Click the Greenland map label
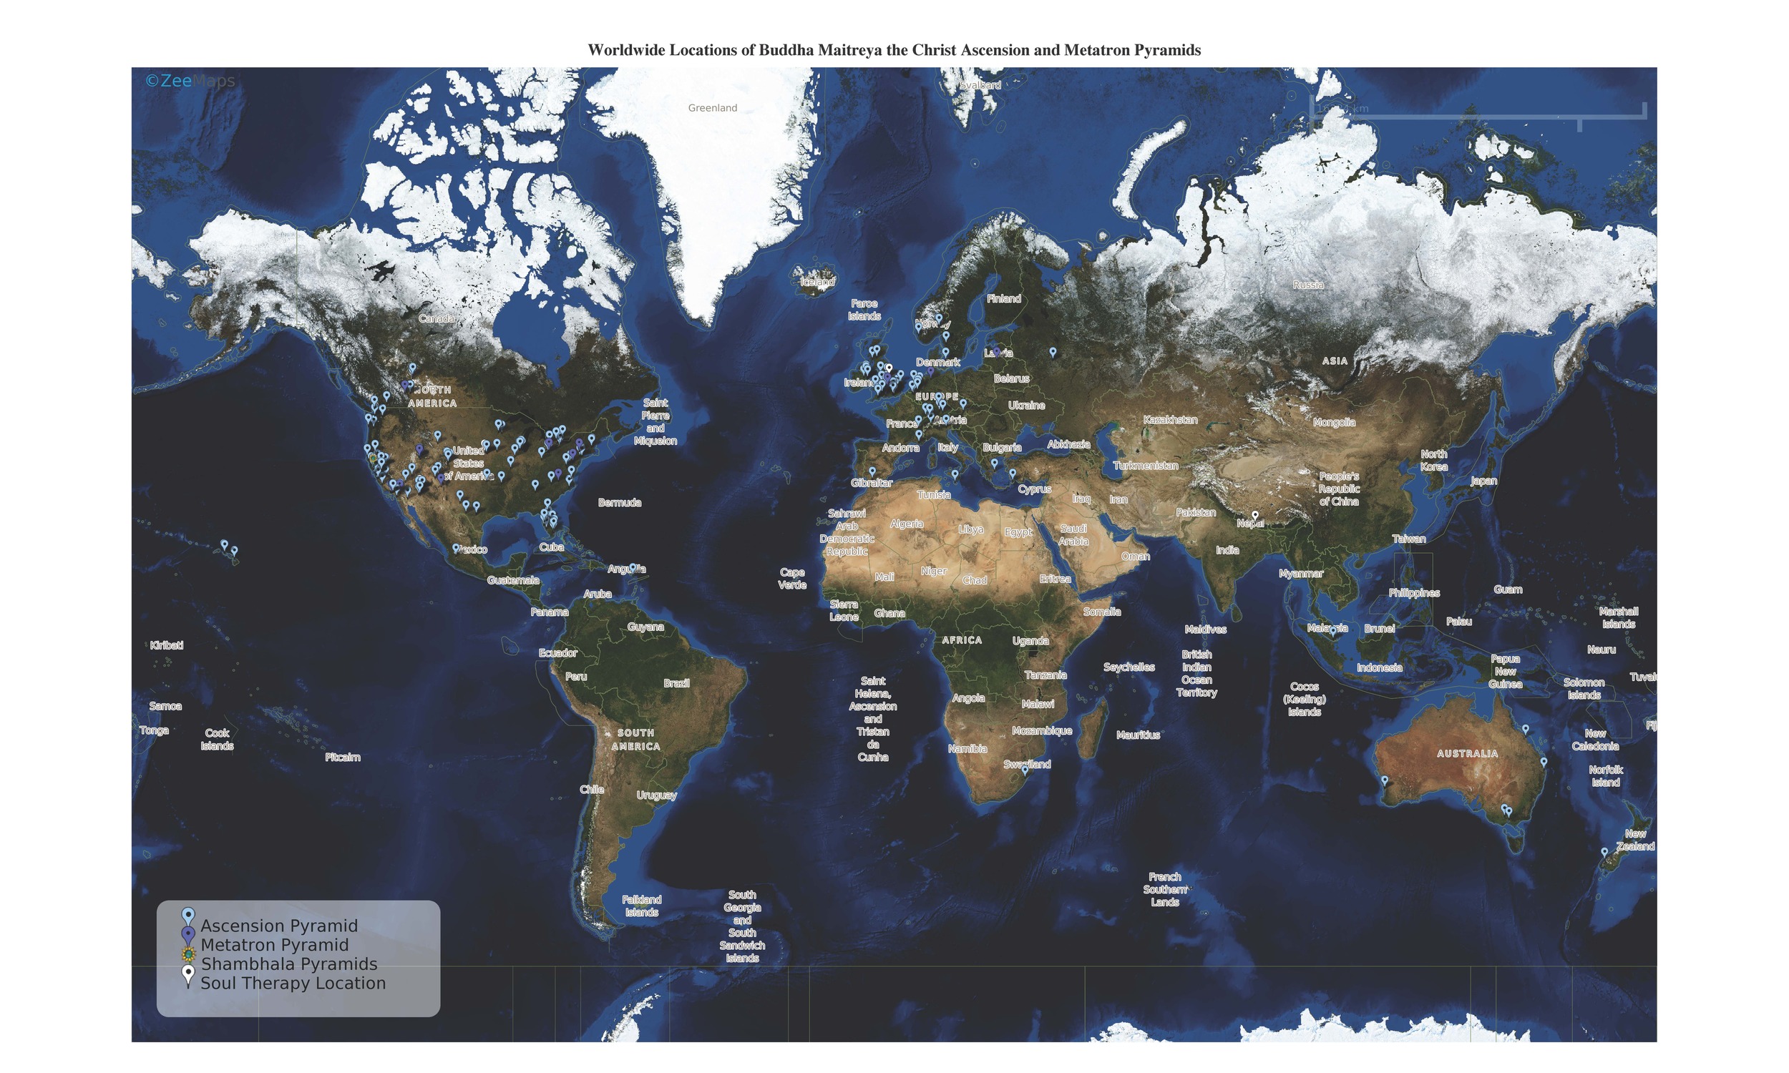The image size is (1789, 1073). coord(712,108)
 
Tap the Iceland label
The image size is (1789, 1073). coord(816,282)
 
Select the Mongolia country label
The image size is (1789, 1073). coord(1333,422)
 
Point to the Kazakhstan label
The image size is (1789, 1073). coord(1169,419)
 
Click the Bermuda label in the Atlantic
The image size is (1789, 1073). coord(619,502)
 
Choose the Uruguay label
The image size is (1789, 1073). coord(656,795)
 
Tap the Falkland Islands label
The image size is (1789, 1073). coord(641,905)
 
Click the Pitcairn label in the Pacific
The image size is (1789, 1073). coord(342,757)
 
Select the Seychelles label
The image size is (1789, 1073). coord(1128,667)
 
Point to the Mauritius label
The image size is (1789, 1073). coord(1138,735)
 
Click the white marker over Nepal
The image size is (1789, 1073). coord(1254,516)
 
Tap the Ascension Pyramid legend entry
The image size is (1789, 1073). coord(278,926)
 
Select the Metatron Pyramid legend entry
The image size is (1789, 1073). coord(274,944)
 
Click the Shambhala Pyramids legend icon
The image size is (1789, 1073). coord(188,954)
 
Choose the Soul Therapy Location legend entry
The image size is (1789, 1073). coord(292,983)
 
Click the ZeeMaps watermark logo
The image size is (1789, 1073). coord(190,81)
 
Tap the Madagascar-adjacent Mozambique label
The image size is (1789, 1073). coord(1041,730)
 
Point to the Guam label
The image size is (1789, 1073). coord(1507,589)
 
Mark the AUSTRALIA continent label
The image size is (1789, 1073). coord(1466,753)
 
